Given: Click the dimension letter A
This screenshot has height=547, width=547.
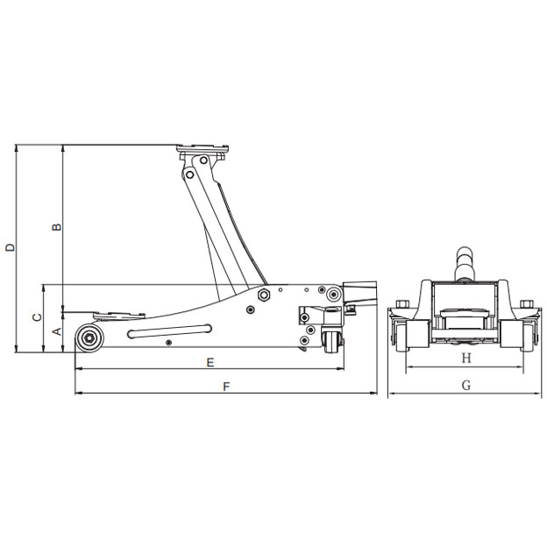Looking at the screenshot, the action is point(57,331).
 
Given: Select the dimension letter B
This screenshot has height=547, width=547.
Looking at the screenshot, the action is point(56,227).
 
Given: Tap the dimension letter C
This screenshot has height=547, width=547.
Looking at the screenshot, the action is point(37,317).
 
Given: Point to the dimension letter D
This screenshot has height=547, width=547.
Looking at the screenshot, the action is point(11,247).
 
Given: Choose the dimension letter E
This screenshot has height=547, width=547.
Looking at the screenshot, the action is point(210,363).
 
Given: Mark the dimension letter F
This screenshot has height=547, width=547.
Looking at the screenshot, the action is point(227,387).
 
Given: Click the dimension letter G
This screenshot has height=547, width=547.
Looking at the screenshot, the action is point(466,386).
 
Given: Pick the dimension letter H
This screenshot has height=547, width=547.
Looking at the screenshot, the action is point(466,359).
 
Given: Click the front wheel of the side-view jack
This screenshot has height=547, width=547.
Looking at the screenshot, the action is point(89,338).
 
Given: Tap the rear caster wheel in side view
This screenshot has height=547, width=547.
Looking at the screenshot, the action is point(331,342).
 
